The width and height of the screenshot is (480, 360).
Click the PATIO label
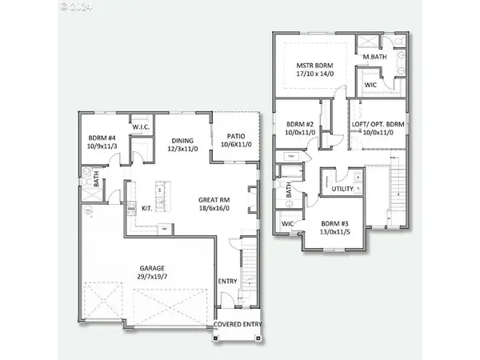click(235, 134)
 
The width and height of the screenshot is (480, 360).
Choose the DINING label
click(182, 138)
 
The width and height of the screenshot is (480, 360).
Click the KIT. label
click(147, 208)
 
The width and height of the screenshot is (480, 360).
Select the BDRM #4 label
click(101, 138)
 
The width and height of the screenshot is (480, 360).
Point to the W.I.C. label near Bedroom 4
click(142, 126)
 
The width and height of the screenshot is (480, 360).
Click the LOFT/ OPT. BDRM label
click(378, 125)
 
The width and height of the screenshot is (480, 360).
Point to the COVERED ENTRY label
click(238, 325)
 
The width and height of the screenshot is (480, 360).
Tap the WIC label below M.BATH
click(370, 83)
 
